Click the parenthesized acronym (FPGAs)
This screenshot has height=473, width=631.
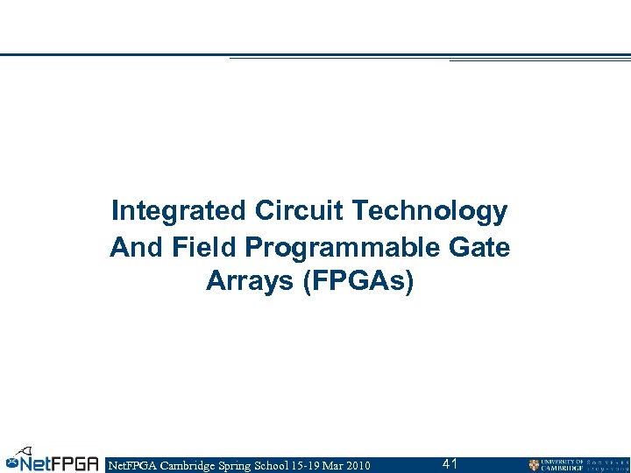point(357,281)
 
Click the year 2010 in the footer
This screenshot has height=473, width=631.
point(357,465)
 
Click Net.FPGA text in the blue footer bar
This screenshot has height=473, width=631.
point(130,465)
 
